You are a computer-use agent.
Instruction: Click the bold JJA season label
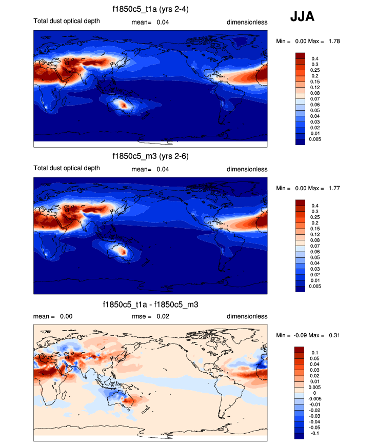coord(302,17)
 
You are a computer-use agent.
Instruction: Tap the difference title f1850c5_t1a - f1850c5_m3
coord(150,304)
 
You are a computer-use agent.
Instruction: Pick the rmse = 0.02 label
coord(150,316)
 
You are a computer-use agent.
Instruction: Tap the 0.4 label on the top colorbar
coord(315,58)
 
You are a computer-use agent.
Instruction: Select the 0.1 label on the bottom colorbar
coord(315,352)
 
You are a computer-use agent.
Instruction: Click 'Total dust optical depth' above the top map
coord(66,22)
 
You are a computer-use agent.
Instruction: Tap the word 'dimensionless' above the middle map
coord(247,169)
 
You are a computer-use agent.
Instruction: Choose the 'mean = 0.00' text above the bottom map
coord(53,316)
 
